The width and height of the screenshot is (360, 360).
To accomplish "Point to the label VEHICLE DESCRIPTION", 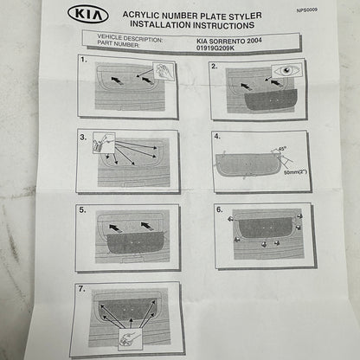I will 124,39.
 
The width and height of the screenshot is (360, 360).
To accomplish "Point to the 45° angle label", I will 282,149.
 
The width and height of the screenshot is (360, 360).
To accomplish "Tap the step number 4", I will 217,136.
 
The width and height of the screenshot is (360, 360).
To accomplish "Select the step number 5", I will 82,209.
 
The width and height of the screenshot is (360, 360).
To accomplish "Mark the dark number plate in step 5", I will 131,238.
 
